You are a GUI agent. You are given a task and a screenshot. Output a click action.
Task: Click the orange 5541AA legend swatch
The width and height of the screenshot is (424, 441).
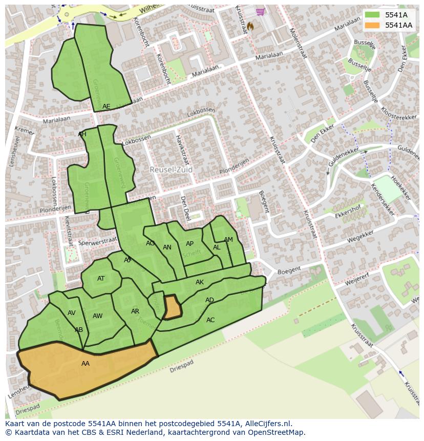(372, 25)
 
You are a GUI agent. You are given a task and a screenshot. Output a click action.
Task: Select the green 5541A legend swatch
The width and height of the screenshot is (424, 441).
(372, 15)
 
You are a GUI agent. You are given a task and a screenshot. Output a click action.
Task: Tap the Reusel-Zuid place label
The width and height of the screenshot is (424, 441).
(172, 169)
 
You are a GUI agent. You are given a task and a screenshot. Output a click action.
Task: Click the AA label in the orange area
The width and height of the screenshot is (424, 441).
(86, 364)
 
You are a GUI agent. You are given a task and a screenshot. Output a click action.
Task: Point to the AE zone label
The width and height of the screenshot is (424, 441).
(106, 107)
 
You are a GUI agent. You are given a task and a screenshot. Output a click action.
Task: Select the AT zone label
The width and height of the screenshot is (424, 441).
(101, 279)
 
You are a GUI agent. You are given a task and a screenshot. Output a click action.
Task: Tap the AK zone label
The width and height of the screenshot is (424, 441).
(200, 282)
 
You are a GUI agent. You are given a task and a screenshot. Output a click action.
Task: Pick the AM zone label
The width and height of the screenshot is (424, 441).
(228, 240)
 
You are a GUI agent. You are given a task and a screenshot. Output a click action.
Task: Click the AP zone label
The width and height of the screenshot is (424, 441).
(189, 244)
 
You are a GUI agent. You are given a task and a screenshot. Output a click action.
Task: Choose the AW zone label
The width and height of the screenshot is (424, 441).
(97, 316)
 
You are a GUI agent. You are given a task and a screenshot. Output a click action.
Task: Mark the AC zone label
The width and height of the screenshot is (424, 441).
(210, 320)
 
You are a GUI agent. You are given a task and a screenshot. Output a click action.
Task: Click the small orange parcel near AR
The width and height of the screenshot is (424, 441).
(172, 307)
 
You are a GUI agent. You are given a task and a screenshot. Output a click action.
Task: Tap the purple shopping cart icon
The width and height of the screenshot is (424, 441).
(260, 12)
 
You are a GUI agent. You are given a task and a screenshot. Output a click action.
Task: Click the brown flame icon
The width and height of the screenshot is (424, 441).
(250, 26)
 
